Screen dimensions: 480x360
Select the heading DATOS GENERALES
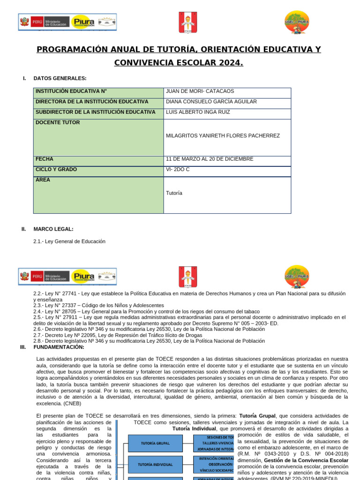click(60, 78)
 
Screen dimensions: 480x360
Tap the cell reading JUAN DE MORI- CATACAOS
click(200, 91)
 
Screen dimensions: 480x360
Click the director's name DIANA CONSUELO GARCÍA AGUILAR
click(211, 102)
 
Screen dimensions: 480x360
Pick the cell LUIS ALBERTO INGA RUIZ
click(198, 112)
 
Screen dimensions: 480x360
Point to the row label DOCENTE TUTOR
click(58, 123)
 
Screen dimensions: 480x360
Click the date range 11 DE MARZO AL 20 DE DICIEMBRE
click(210, 159)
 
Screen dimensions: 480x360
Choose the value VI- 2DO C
click(178, 169)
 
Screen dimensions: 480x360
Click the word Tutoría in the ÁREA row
click(174, 193)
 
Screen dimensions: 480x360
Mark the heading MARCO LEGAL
click(53, 229)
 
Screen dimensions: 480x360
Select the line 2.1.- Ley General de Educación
click(69, 241)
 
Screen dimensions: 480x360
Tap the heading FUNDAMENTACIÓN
click(59, 347)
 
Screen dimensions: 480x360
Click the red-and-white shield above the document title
click(188, 22)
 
